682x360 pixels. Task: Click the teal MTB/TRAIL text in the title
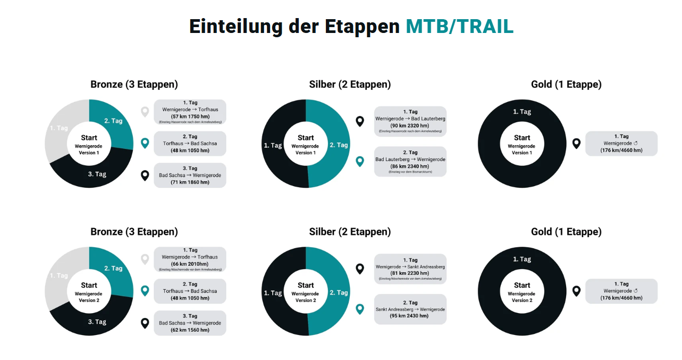pyautogui.click(x=459, y=27)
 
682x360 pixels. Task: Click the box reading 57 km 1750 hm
pyautogui.click(x=190, y=112)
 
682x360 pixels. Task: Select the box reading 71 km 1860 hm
pyautogui.click(x=190, y=175)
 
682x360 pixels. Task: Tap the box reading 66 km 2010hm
pyautogui.click(x=190, y=259)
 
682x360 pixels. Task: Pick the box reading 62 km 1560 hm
pyautogui.click(x=190, y=323)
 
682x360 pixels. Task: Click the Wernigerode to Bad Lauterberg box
pyautogui.click(x=410, y=121)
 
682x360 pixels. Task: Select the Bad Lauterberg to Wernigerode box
pyautogui.click(x=410, y=161)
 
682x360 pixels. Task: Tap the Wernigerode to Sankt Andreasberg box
pyautogui.click(x=410, y=269)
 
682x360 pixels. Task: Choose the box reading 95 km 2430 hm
pyautogui.click(x=410, y=309)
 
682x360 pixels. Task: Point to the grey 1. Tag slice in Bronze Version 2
pyautogui.click(x=58, y=275)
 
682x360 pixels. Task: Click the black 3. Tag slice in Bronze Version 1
pyautogui.click(x=97, y=174)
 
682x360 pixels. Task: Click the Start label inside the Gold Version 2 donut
pyautogui.click(x=521, y=286)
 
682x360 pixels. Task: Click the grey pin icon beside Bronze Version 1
pyautogui.click(x=145, y=112)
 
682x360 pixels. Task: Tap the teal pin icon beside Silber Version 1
pyautogui.click(x=360, y=162)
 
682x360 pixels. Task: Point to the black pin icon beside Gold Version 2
pyautogui.click(x=576, y=291)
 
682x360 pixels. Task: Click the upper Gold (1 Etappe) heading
pyautogui.click(x=566, y=85)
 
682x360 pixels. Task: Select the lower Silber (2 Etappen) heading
pyautogui.click(x=350, y=232)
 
